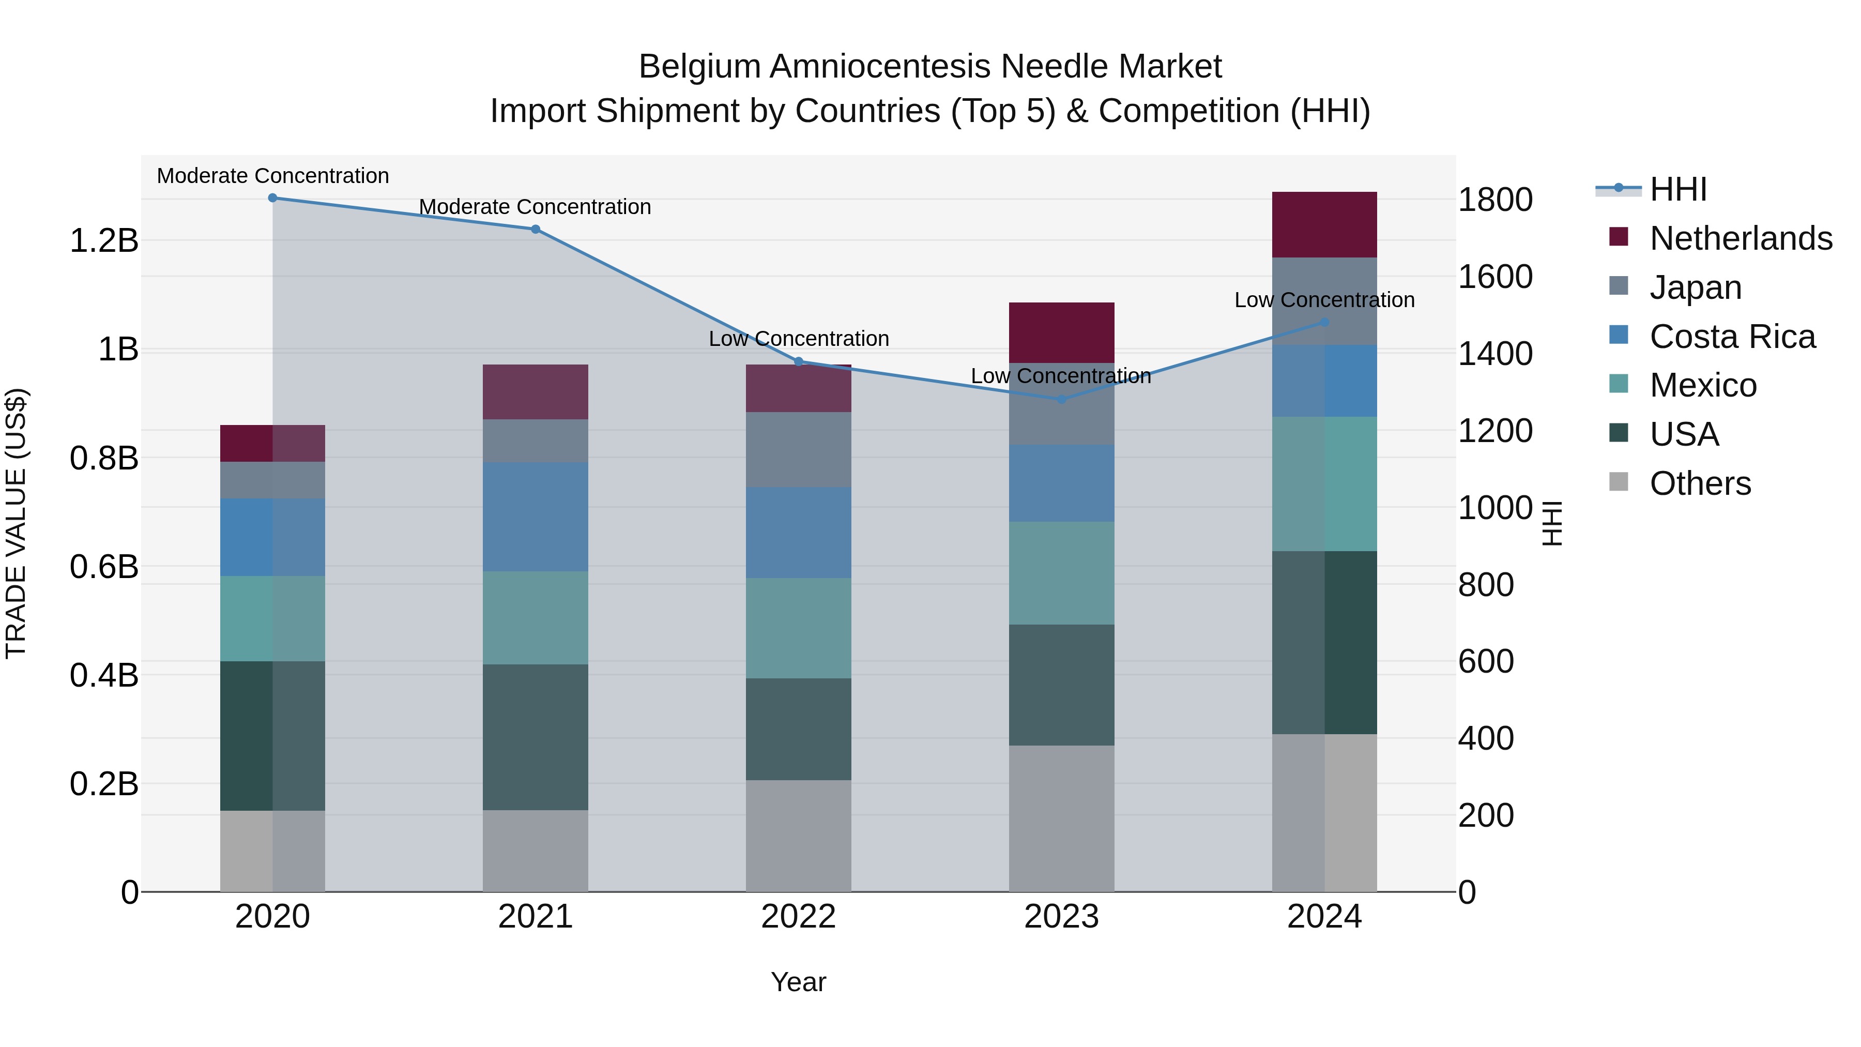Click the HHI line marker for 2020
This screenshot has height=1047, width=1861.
272,198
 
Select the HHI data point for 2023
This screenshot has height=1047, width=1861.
1061,399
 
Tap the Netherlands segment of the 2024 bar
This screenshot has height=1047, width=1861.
1324,225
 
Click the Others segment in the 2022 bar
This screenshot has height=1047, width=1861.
798,836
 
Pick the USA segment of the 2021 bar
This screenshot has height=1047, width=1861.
536,737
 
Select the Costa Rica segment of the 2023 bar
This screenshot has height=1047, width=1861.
1061,483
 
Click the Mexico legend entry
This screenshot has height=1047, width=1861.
1703,385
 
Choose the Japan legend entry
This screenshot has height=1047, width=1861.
1695,287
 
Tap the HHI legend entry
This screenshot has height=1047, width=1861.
1677,189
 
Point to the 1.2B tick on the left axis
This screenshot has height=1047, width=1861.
104,240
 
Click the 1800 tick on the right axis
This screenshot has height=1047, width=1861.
1494,200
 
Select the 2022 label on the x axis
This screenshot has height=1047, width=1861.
798,917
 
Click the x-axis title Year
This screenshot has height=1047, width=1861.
798,982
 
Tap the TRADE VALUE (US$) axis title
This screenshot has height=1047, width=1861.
16,523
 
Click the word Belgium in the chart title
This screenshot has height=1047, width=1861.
699,67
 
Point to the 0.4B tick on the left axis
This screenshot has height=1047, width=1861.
104,676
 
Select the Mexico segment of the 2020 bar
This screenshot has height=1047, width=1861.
272,618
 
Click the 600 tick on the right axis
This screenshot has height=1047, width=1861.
1485,661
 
